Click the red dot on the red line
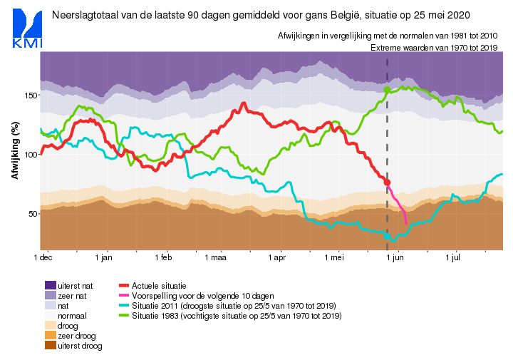(388, 182)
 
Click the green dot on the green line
(388, 90)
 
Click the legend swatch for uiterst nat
(50, 284)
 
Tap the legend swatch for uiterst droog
(50, 345)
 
